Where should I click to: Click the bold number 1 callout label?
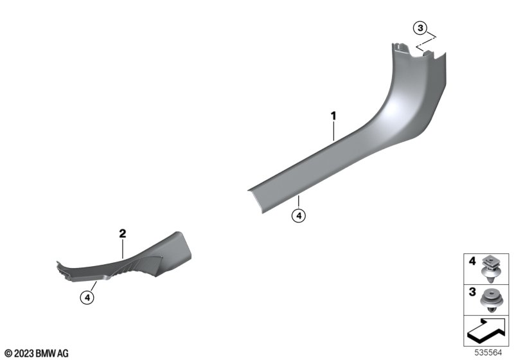point(333,116)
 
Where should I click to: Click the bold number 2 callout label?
point(122,234)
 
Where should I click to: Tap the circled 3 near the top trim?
point(420,28)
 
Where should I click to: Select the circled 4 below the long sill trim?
point(299,216)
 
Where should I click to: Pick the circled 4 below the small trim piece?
point(87,298)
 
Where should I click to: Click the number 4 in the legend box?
point(472,261)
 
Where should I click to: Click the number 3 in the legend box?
point(472,292)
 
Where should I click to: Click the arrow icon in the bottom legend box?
point(486,330)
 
